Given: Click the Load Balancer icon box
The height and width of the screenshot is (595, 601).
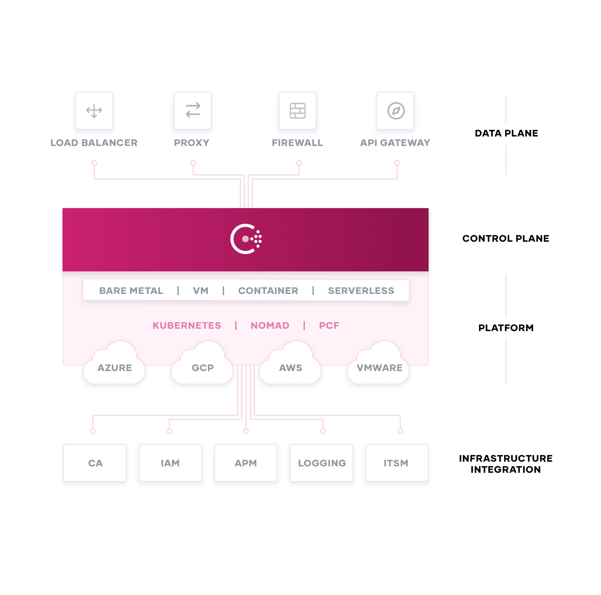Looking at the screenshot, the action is click(x=94, y=111).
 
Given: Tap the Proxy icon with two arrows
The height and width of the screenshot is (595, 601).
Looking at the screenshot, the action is click(x=193, y=110).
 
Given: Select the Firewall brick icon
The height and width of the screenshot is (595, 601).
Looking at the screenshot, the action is click(x=298, y=111).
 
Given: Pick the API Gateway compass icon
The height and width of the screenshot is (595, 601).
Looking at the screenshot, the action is click(x=396, y=111).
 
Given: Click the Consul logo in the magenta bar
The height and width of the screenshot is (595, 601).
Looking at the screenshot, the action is click(x=246, y=239).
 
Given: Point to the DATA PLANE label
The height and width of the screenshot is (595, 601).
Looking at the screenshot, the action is click(x=506, y=133).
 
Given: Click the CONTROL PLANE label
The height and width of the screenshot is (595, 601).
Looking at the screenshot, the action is click(x=506, y=239).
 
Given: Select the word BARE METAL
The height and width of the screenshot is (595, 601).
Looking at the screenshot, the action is click(x=131, y=291).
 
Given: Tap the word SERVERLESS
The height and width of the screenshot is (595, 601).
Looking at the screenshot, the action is click(x=361, y=291).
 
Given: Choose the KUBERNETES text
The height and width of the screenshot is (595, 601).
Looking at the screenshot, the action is click(x=187, y=326).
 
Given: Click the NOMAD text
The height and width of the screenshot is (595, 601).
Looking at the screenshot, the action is click(x=270, y=326).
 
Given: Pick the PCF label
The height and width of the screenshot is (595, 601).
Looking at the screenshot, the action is click(x=329, y=326).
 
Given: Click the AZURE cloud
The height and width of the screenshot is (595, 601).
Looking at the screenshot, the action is click(x=114, y=363).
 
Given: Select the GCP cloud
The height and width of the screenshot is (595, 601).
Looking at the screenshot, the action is click(x=202, y=363).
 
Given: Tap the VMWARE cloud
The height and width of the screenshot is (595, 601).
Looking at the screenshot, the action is click(x=378, y=363).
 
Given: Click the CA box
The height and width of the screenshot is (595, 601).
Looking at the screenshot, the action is click(x=95, y=463).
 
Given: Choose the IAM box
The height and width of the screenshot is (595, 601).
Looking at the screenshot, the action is click(x=170, y=463).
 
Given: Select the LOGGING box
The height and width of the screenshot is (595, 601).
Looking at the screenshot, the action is click(x=321, y=463).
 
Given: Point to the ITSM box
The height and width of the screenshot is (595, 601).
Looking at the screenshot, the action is click(x=397, y=463).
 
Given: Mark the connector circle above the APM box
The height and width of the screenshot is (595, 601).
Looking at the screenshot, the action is click(x=246, y=431).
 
